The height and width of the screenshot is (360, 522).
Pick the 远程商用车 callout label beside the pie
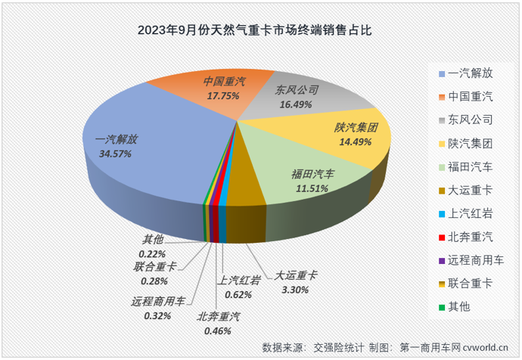tap(158, 301)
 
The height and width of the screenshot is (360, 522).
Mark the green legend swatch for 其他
tap(441, 307)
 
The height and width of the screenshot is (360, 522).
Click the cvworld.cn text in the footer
tap(485, 347)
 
